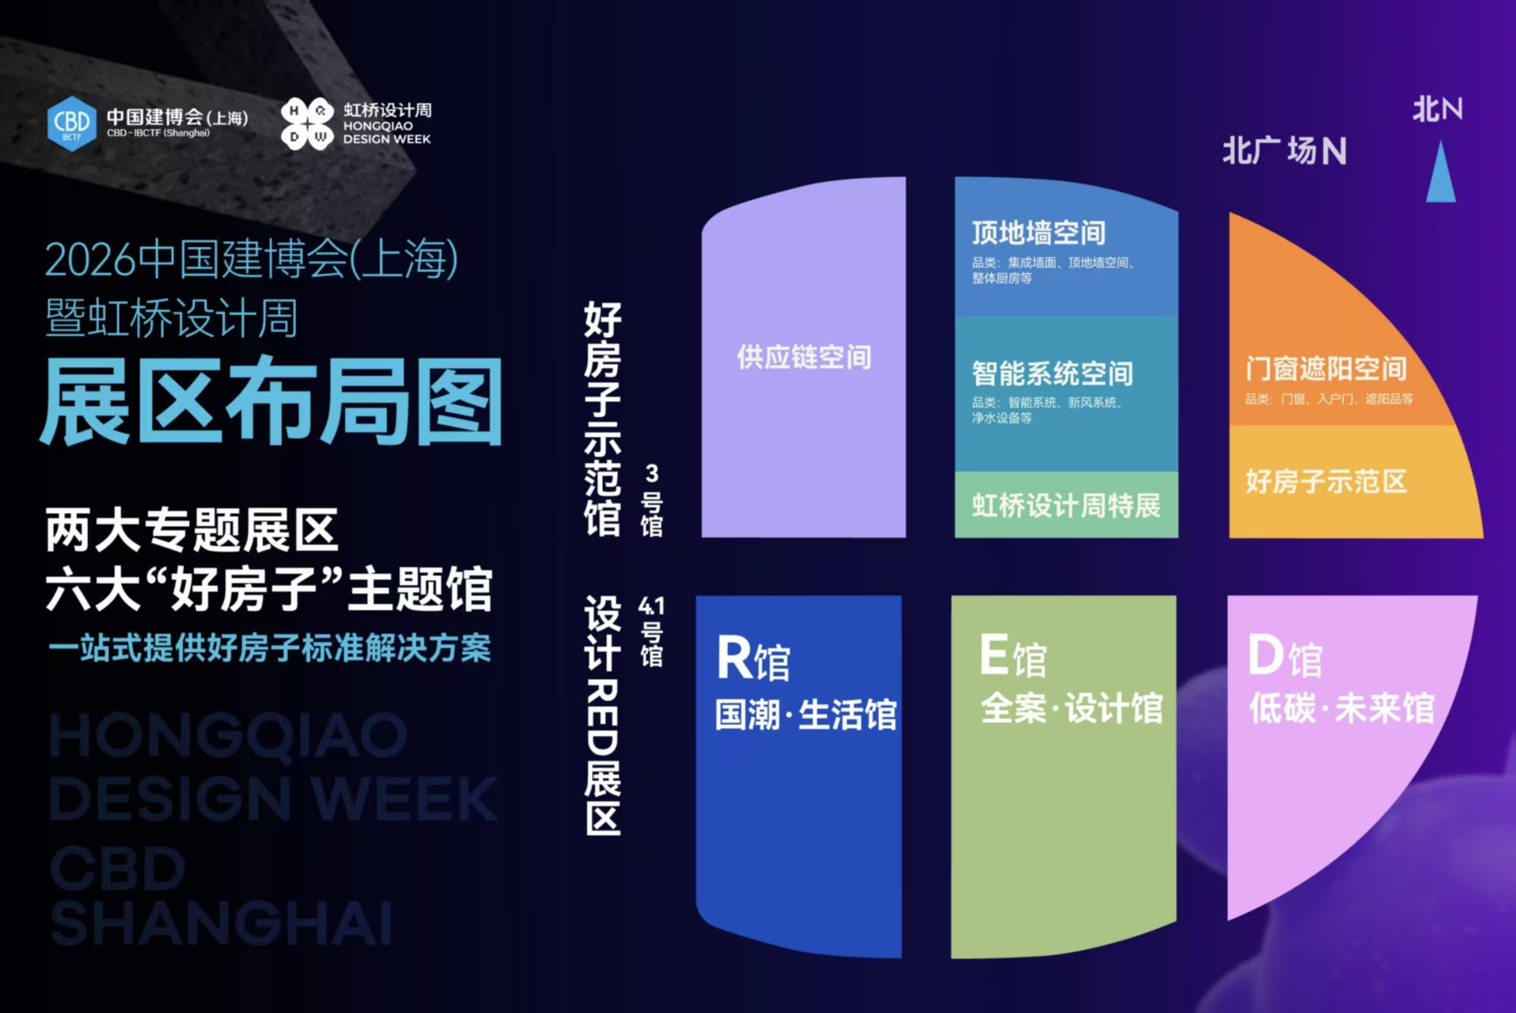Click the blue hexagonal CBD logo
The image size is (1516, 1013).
click(x=71, y=123)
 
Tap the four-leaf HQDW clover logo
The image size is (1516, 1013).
click(x=307, y=123)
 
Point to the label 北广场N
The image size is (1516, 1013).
click(x=1284, y=150)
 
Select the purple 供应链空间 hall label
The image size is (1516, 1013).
click(x=804, y=357)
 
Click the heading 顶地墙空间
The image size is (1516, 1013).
click(x=1038, y=233)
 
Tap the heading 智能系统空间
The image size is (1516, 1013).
click(x=1052, y=373)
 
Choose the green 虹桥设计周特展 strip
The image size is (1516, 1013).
click(x=1066, y=505)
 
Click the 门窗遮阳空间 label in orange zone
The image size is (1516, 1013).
click(x=1326, y=369)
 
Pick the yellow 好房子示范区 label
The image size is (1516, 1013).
click(x=1326, y=481)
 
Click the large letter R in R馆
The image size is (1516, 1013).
click(x=733, y=658)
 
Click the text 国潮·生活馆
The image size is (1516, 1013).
click(x=805, y=715)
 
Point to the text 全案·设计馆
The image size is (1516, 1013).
click(x=1071, y=708)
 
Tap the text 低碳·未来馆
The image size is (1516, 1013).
click(x=1342, y=708)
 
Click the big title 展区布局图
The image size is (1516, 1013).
click(x=271, y=402)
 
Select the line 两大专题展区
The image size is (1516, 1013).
click(x=192, y=530)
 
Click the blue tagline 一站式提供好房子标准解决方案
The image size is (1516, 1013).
click(x=269, y=648)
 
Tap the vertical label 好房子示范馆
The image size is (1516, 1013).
click(x=603, y=419)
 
